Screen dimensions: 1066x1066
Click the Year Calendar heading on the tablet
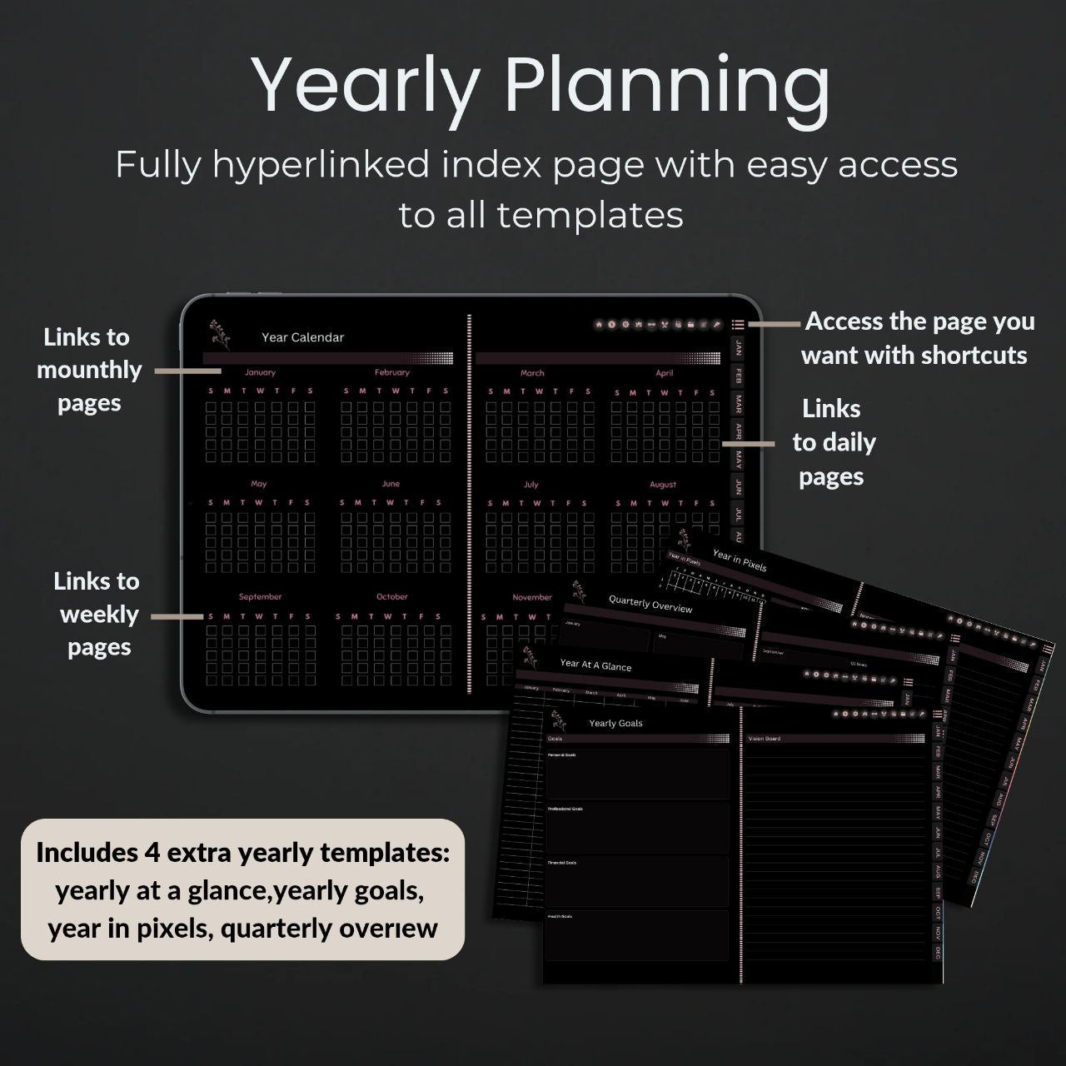point(302,337)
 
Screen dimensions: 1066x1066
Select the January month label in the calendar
point(260,372)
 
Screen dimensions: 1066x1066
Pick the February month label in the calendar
point(392,372)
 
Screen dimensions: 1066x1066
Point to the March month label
point(532,373)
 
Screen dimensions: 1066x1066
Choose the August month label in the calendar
point(663,484)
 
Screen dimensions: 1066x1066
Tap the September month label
point(260,596)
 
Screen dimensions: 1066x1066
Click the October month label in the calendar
point(391,596)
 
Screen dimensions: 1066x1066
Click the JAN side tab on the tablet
point(738,348)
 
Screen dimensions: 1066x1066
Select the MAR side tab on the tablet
point(738,404)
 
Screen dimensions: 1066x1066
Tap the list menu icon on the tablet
point(738,324)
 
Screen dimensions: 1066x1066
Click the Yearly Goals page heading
point(615,723)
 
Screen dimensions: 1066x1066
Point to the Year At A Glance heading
point(595,665)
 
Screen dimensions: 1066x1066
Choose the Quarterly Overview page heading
point(650,604)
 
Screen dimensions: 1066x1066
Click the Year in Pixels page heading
point(740,560)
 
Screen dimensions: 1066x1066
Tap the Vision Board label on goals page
point(764,739)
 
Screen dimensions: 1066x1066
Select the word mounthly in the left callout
point(89,370)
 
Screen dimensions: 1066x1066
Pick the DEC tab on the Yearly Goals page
point(938,953)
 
